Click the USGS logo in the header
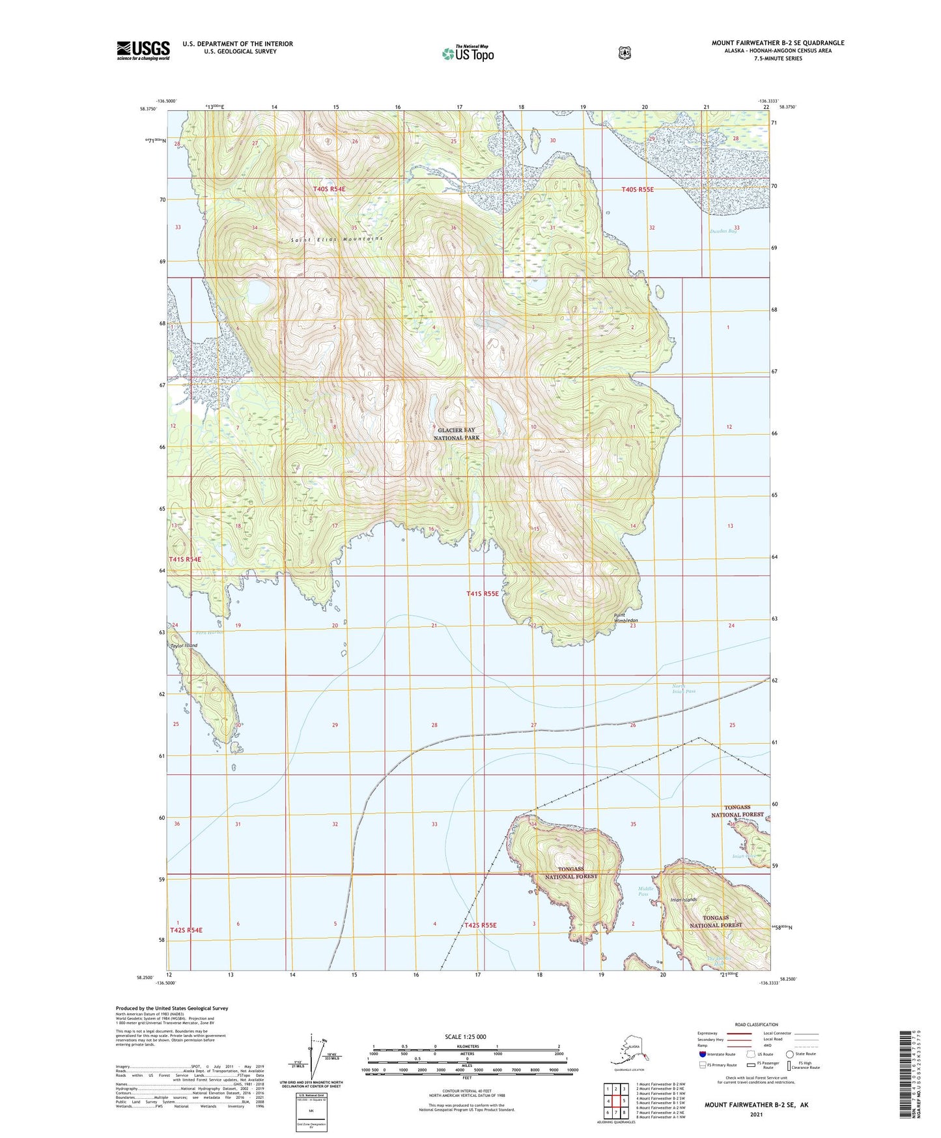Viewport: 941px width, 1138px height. pyautogui.click(x=143, y=50)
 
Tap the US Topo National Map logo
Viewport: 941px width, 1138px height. pyautogui.click(x=468, y=53)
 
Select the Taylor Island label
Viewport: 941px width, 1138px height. pyautogui.click(x=184, y=645)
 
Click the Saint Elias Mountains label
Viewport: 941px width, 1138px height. pyautogui.click(x=337, y=239)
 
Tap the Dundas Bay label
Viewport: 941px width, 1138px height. pyautogui.click(x=724, y=231)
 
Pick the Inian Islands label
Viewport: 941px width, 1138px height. pyautogui.click(x=684, y=899)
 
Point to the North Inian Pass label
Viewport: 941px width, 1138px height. pyautogui.click(x=684, y=688)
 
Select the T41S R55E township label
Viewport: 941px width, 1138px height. pyautogui.click(x=482, y=594)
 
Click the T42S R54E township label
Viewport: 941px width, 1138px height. pyautogui.click(x=186, y=930)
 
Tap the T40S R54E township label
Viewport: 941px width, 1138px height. pyautogui.click(x=329, y=189)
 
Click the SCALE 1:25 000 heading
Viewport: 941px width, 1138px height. pyautogui.click(x=465, y=1036)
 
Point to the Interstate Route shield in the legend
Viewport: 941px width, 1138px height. pyautogui.click(x=702, y=1054)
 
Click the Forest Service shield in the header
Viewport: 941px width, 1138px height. pyautogui.click(x=624, y=53)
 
